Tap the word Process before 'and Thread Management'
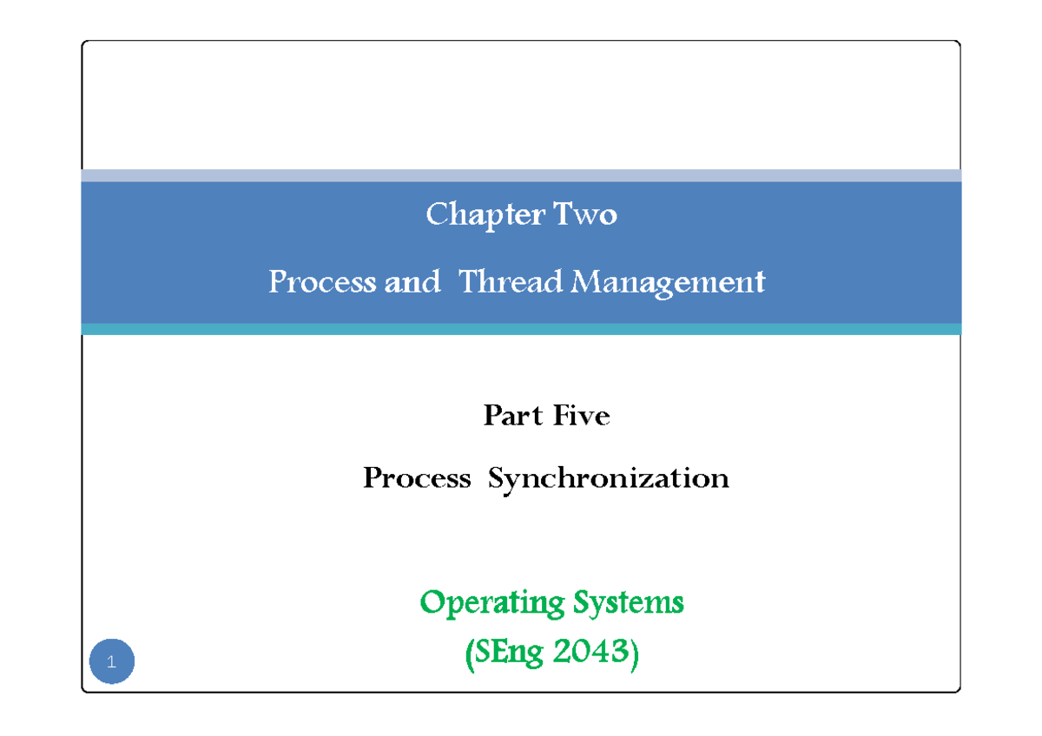click(321, 282)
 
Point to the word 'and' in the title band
click(412, 282)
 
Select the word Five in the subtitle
click(583, 417)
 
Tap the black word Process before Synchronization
click(417, 478)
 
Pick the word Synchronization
click(609, 479)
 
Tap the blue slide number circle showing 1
click(111, 663)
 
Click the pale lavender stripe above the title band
click(521, 175)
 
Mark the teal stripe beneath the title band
click(521, 329)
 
